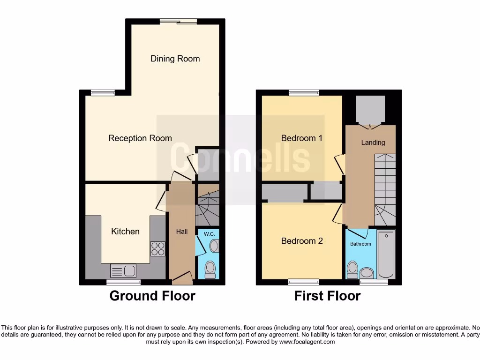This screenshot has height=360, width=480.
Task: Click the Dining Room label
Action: pos(175,59)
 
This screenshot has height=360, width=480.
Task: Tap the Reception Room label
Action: pos(140,138)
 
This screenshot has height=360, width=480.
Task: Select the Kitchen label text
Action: pos(125,231)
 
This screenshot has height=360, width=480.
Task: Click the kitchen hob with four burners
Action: pos(157,248)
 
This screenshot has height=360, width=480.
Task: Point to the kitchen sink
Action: pos(123,270)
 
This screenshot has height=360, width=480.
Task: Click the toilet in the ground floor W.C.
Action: pos(210,269)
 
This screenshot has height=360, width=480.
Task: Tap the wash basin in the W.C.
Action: pos(214,246)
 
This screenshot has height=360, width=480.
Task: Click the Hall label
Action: pos(181,232)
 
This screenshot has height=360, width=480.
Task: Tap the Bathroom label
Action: pos(360,244)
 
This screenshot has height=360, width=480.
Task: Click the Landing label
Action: pos(373,142)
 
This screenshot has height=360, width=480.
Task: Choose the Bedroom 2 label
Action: pos(302,241)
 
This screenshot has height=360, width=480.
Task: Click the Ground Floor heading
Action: pos(152,296)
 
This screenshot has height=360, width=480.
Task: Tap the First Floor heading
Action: pos(327,296)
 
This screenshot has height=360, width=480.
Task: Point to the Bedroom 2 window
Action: pos(303,282)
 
